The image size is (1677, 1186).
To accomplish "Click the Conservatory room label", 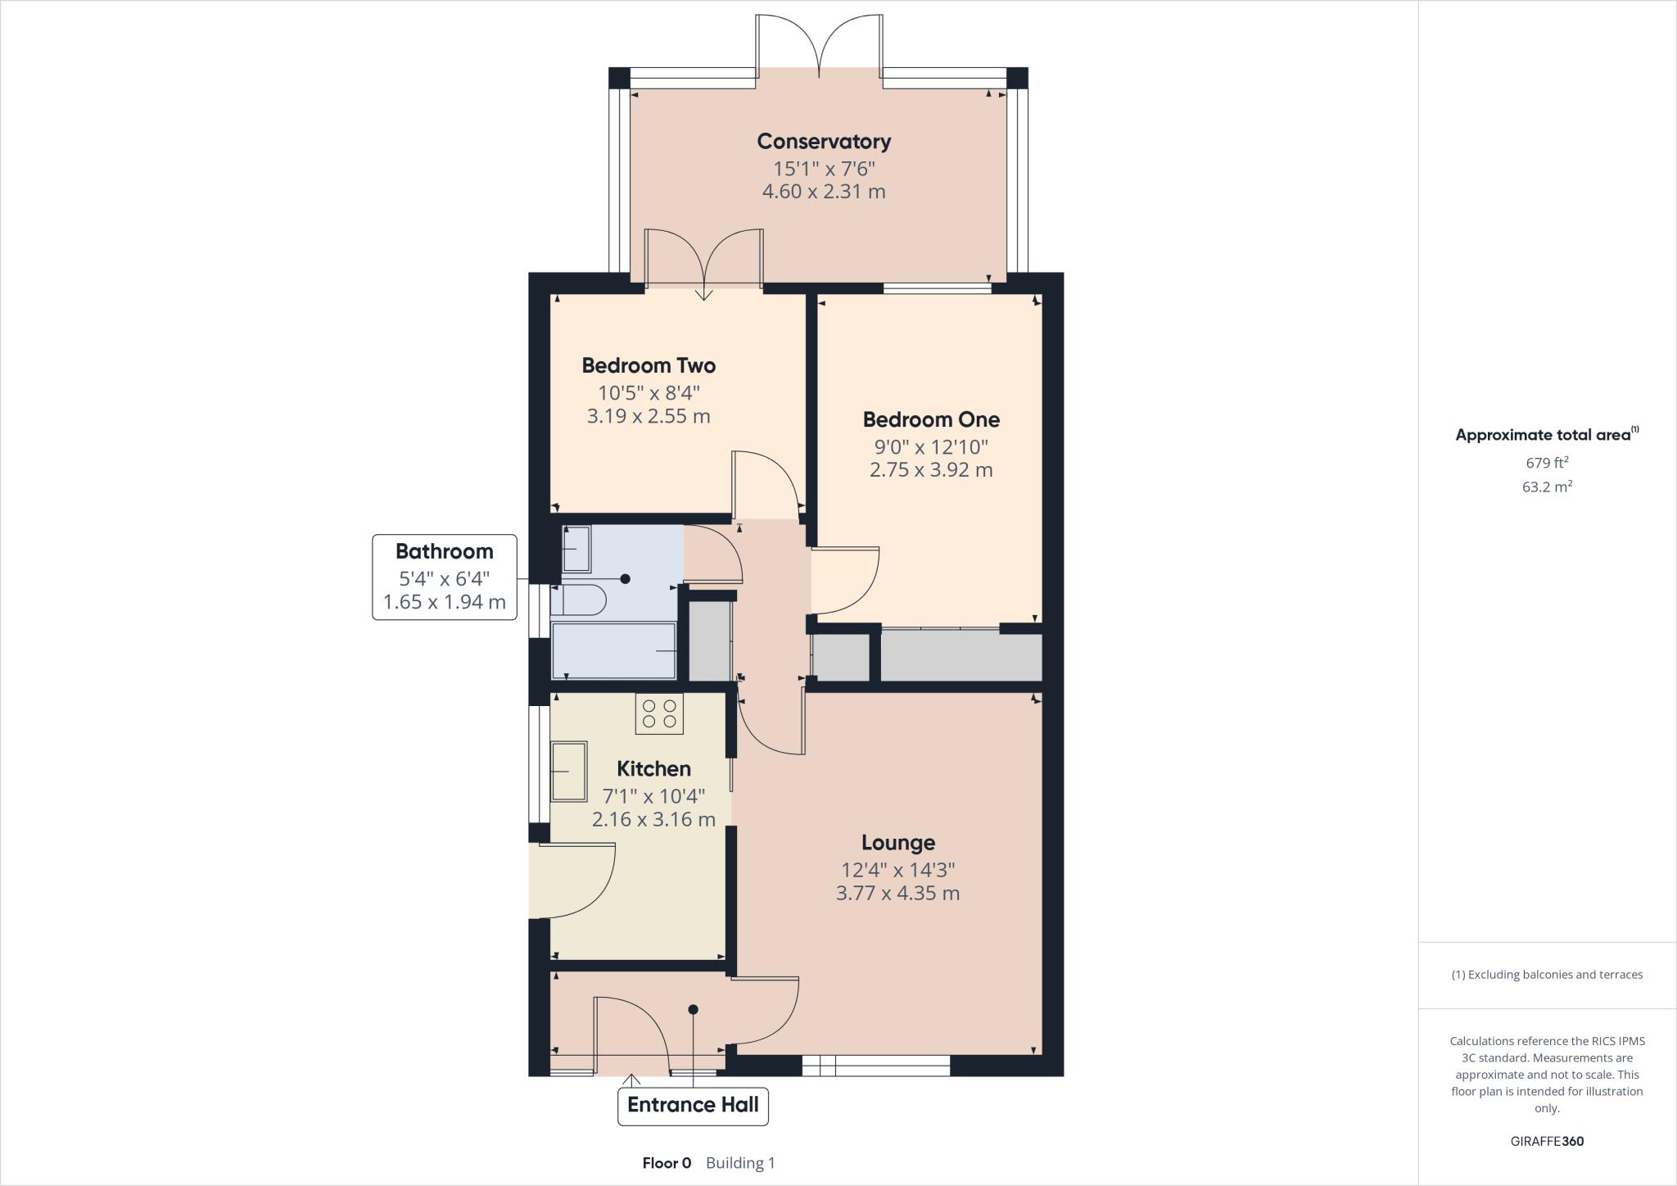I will tap(824, 142).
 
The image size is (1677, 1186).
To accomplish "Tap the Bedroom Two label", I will tap(649, 365).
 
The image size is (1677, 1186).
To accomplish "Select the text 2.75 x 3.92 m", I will tap(931, 470).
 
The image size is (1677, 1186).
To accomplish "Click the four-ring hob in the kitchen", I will tap(659, 713).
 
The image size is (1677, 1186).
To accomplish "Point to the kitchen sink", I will tap(568, 771).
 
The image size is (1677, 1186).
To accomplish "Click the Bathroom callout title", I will tap(445, 551).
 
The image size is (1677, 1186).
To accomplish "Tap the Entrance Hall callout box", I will tap(693, 1105).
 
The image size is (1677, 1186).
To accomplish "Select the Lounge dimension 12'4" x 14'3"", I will tap(898, 869).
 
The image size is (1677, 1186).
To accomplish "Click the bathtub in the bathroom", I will tap(613, 651).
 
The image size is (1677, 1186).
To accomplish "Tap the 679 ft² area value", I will tap(1547, 462).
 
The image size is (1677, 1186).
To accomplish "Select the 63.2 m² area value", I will tap(1547, 487).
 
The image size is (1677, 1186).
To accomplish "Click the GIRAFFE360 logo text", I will tap(1547, 1141).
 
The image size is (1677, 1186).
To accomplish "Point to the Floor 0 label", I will tap(667, 1163).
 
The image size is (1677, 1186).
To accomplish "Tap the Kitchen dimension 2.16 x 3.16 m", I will tap(653, 819).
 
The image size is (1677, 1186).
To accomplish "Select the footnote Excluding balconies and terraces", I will tap(1547, 975).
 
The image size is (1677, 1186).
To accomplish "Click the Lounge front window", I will tap(875, 1065).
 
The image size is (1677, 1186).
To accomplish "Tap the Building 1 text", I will tap(740, 1163).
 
